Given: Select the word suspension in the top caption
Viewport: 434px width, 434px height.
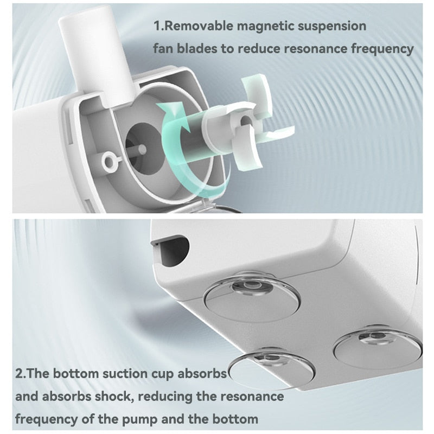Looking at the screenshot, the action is (x=332, y=27).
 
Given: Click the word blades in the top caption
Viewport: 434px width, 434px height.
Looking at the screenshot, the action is (x=197, y=48).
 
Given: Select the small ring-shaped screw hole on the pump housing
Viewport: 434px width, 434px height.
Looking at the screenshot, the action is (x=110, y=161).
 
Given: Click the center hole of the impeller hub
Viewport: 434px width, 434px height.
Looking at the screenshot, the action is (x=245, y=120).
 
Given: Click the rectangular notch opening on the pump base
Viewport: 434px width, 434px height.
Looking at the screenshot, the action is (x=170, y=248).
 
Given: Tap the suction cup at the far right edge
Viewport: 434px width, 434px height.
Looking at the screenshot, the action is (x=378, y=346).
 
